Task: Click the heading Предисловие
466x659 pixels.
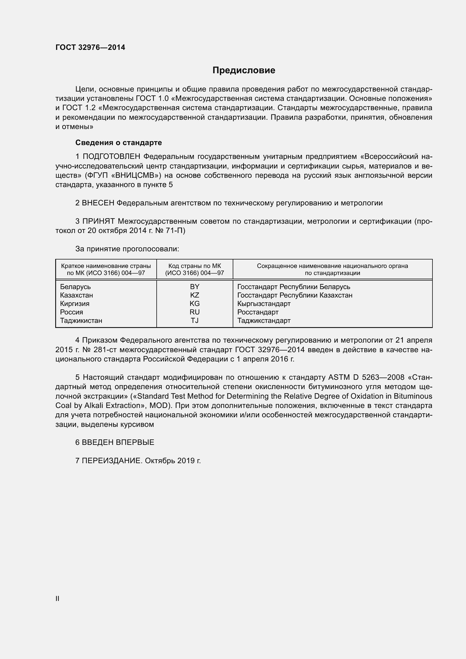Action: pyautogui.click(x=244, y=70)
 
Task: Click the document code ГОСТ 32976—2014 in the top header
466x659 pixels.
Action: pyautogui.click(x=90, y=48)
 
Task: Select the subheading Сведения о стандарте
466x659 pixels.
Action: pyautogui.click(x=119, y=143)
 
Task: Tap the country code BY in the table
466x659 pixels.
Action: pyautogui.click(x=195, y=287)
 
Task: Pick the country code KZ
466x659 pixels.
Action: pyautogui.click(x=195, y=295)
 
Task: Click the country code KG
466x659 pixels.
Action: pyautogui.click(x=195, y=304)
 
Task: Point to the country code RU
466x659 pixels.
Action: pyautogui.click(x=195, y=312)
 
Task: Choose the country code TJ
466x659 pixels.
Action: pyautogui.click(x=195, y=321)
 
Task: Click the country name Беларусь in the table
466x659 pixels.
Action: pyautogui.click(x=76, y=287)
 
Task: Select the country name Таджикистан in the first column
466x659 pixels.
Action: pyautogui.click(x=81, y=321)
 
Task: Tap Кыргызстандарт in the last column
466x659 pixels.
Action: pyautogui.click(x=264, y=304)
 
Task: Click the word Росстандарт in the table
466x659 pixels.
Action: pyautogui.click(x=258, y=312)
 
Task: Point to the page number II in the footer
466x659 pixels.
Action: pyautogui.click(x=57, y=598)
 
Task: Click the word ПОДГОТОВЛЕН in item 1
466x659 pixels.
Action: pyautogui.click(x=112, y=157)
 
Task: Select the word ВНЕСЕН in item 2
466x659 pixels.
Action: pyautogui.click(x=98, y=203)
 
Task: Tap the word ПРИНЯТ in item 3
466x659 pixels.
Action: pyautogui.click(x=99, y=221)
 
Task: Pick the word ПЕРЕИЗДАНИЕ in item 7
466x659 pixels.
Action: pyautogui.click(x=112, y=461)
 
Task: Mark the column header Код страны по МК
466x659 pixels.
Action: pyautogui.click(x=195, y=266)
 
